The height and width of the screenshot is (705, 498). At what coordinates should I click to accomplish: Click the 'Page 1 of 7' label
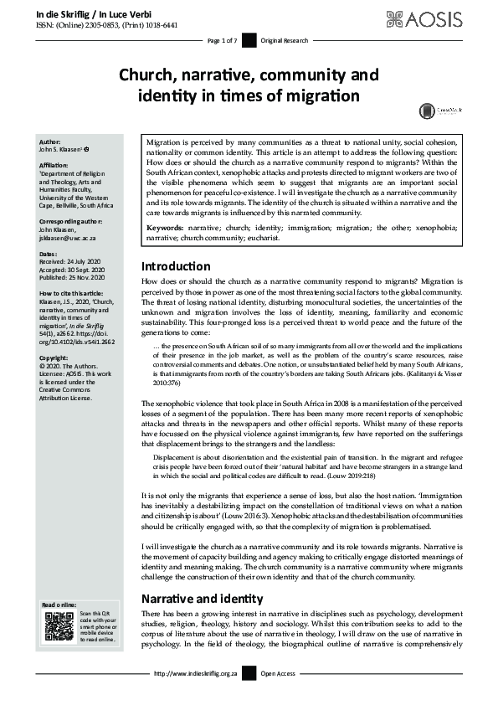click(x=222, y=40)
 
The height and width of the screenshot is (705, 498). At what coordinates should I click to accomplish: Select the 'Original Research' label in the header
click(x=284, y=40)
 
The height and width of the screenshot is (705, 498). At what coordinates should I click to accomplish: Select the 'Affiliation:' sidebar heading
click(x=54, y=166)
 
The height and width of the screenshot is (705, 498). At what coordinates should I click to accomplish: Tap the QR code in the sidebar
click(x=58, y=627)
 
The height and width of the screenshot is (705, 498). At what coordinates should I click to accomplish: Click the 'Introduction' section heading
click(x=176, y=266)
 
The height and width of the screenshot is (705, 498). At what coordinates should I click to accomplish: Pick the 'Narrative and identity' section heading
click(x=202, y=599)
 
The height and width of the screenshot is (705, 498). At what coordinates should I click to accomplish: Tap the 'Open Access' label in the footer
click(x=279, y=673)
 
